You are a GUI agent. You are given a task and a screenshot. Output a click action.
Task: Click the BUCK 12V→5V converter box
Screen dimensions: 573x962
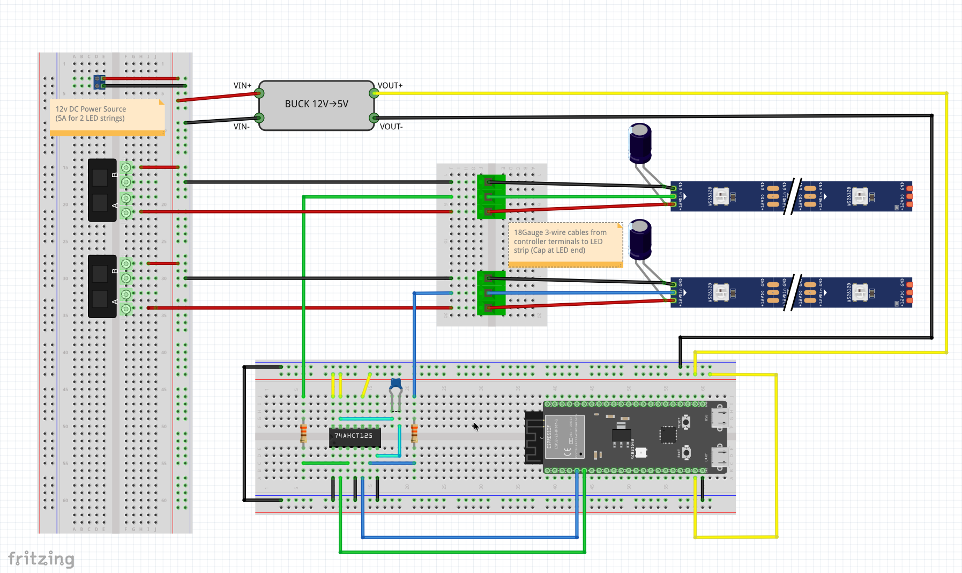click(x=316, y=105)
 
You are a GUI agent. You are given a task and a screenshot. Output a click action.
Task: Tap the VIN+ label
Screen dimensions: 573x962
click(x=242, y=85)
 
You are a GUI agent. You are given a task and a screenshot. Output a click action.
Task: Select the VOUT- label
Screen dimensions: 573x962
click(x=391, y=127)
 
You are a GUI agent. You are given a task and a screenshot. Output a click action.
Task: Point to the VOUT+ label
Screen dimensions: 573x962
click(x=390, y=85)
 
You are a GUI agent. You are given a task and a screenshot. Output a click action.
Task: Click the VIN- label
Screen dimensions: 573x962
click(x=241, y=127)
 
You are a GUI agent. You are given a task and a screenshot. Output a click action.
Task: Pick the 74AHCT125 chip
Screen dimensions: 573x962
click(x=354, y=437)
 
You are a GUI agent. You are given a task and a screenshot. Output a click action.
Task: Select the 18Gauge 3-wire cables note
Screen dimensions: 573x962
click(x=565, y=244)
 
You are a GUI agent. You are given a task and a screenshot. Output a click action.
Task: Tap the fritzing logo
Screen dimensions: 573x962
click(x=41, y=559)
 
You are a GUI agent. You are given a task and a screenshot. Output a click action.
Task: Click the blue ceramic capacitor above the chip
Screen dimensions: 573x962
click(x=396, y=384)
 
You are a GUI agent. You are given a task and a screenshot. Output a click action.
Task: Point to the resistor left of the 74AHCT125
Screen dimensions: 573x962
click(x=303, y=432)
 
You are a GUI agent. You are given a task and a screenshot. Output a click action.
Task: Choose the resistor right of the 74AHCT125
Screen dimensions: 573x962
click(x=414, y=432)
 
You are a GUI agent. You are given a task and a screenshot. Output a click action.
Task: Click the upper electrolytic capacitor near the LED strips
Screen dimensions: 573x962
click(x=640, y=142)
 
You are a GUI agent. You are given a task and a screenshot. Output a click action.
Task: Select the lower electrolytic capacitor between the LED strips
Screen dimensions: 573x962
click(x=640, y=239)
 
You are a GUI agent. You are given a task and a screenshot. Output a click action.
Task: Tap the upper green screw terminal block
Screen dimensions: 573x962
click(x=490, y=196)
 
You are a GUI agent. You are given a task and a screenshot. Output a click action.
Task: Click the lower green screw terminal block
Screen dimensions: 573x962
click(x=490, y=293)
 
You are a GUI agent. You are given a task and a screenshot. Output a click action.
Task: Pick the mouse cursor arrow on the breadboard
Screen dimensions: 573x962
click(x=476, y=427)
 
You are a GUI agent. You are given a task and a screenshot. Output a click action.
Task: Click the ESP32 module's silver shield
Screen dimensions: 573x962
click(x=564, y=436)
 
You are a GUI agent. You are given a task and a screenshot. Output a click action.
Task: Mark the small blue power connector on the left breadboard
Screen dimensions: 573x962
click(x=100, y=82)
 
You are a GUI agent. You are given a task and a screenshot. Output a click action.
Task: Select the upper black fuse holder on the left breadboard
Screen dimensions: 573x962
click(x=102, y=190)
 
